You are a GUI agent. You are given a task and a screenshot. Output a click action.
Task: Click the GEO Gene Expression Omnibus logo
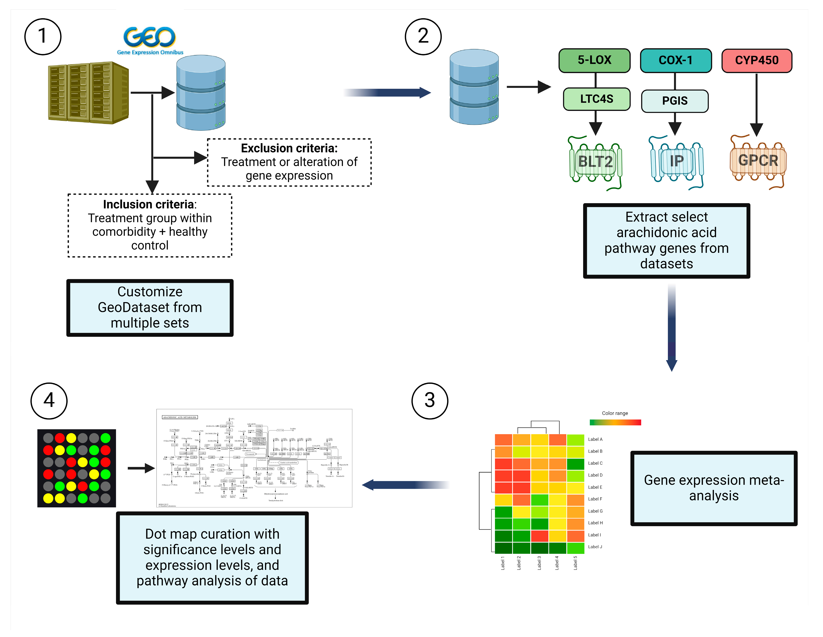coord(150,41)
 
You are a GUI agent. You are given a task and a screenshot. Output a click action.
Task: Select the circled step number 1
coord(43,37)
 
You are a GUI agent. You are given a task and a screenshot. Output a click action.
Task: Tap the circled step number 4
coord(49,401)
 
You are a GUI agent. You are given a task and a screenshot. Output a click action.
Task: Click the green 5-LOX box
coord(594,60)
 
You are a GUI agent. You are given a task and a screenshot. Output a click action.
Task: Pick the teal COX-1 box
coord(676,60)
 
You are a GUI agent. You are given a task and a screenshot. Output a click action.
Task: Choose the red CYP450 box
coord(757,60)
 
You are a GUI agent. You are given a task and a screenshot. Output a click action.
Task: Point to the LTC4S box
coord(597,99)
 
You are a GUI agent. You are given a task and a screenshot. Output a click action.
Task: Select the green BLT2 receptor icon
coord(595,162)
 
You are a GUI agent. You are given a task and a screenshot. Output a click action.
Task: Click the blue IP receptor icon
coord(676,161)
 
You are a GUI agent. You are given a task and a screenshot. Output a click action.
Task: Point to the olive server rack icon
coord(89,93)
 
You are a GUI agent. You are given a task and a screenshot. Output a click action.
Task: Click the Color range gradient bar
coord(615,422)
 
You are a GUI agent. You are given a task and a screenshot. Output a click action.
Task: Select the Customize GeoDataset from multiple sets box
coord(150,308)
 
